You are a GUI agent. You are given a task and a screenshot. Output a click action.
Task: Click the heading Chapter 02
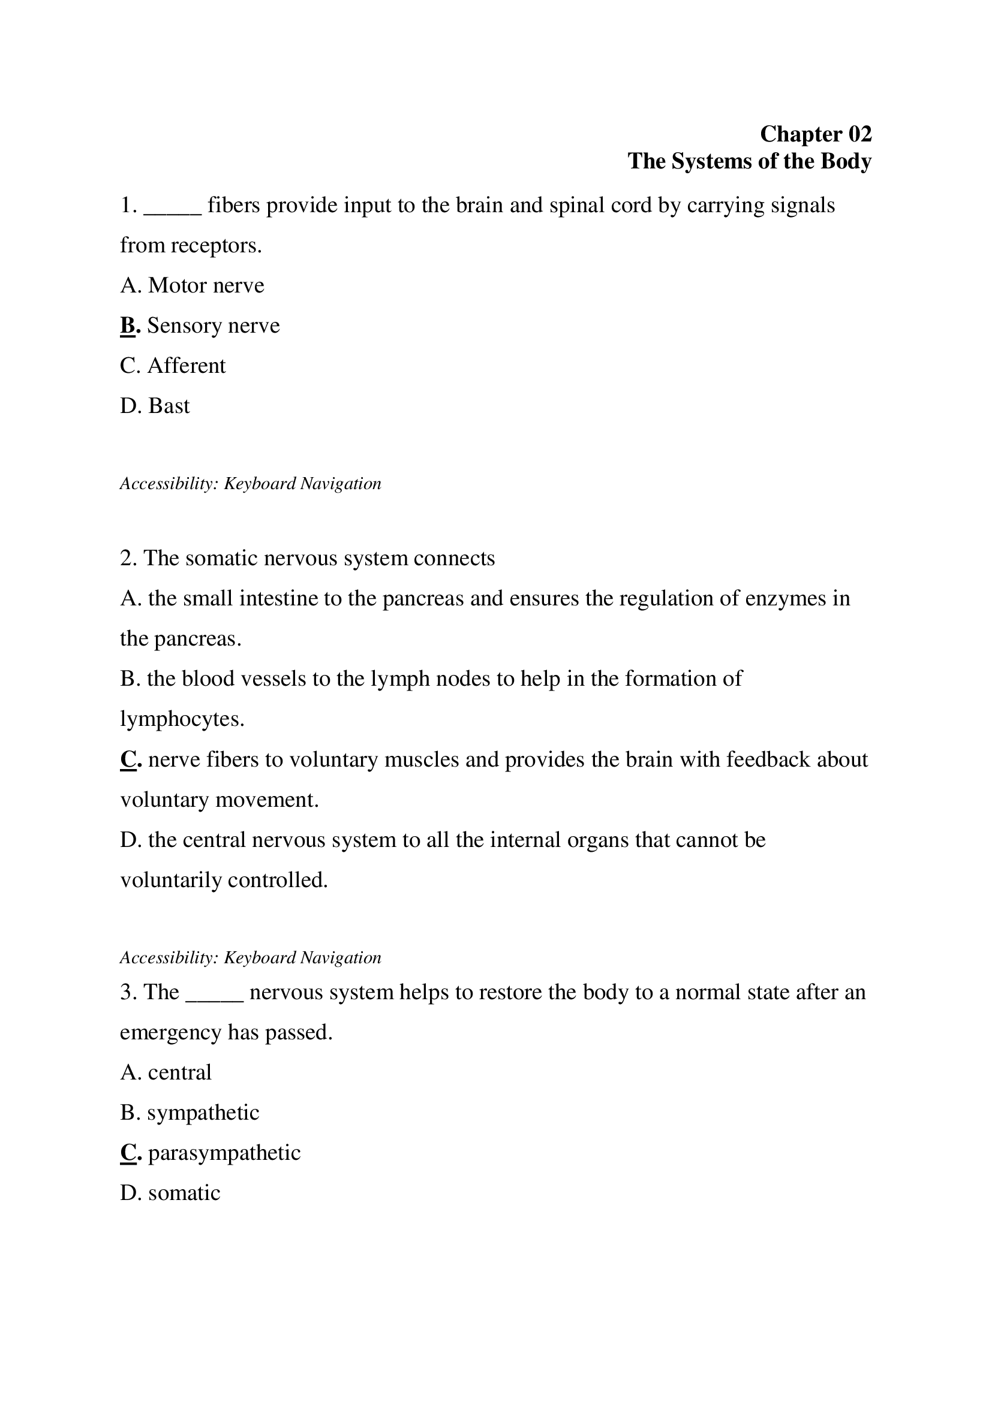pos(816,134)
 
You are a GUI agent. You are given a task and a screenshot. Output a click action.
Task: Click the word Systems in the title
pos(712,161)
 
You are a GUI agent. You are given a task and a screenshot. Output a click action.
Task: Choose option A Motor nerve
pos(193,285)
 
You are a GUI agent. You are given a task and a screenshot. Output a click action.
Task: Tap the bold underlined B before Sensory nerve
pos(128,325)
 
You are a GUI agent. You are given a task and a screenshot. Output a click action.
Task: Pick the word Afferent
pos(187,366)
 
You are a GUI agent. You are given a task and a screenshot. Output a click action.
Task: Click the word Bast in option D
pos(169,406)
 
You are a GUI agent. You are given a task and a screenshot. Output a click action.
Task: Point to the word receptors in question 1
pos(217,246)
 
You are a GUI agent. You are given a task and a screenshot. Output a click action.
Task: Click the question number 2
pos(127,558)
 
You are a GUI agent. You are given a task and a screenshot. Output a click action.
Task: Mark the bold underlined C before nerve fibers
pos(128,759)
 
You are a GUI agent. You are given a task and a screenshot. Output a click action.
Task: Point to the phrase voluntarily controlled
pos(224,881)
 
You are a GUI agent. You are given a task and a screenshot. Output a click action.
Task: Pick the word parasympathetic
pos(224,1153)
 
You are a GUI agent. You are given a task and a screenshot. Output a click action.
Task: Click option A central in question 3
pos(166,1072)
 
